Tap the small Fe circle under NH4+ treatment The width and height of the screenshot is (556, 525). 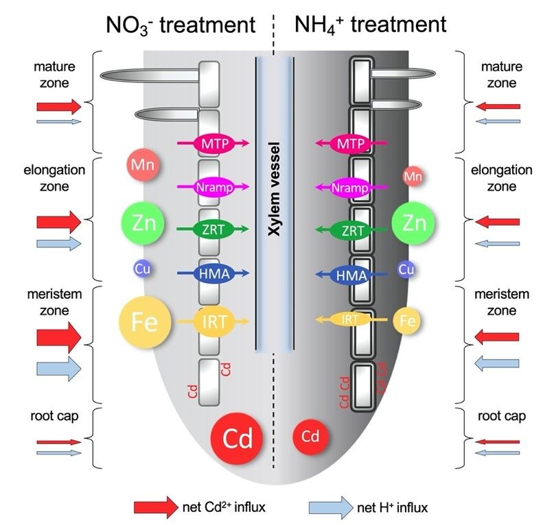click(x=406, y=320)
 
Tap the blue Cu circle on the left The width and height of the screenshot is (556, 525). click(x=143, y=269)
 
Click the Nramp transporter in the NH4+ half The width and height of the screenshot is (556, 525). click(x=350, y=188)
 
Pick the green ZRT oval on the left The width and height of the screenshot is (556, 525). click(x=216, y=231)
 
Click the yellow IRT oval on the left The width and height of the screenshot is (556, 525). click(x=216, y=320)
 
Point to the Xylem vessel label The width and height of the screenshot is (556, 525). click(x=275, y=205)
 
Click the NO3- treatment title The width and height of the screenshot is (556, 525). click(x=181, y=25)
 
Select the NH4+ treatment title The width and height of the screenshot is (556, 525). click(x=371, y=25)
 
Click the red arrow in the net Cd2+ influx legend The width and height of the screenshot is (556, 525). click(x=155, y=507)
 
